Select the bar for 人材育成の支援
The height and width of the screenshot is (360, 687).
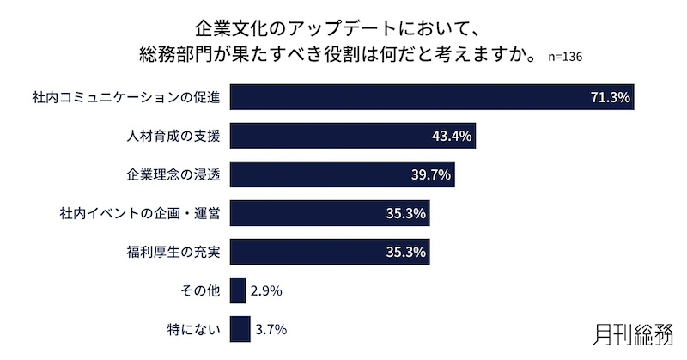(352, 136)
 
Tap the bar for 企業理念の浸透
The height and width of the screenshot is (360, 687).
(342, 174)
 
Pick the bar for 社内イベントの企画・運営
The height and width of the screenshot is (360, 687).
(330, 213)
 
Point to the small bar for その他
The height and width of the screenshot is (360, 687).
(238, 290)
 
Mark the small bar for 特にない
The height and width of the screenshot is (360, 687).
(240, 329)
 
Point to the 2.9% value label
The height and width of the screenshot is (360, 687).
(266, 291)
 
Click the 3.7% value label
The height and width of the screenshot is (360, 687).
(271, 329)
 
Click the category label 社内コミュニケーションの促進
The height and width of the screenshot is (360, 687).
(125, 98)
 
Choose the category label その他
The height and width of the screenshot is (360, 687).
(203, 291)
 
